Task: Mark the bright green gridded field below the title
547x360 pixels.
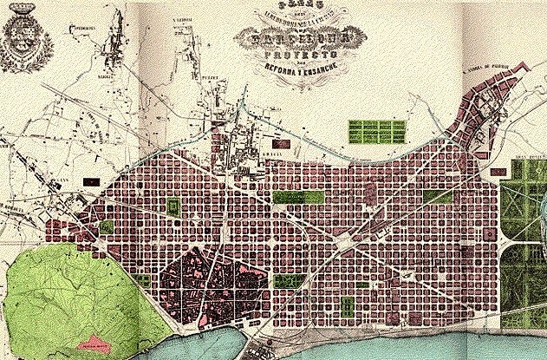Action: pos(377,132)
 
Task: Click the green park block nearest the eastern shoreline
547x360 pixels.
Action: pos(346,306)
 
